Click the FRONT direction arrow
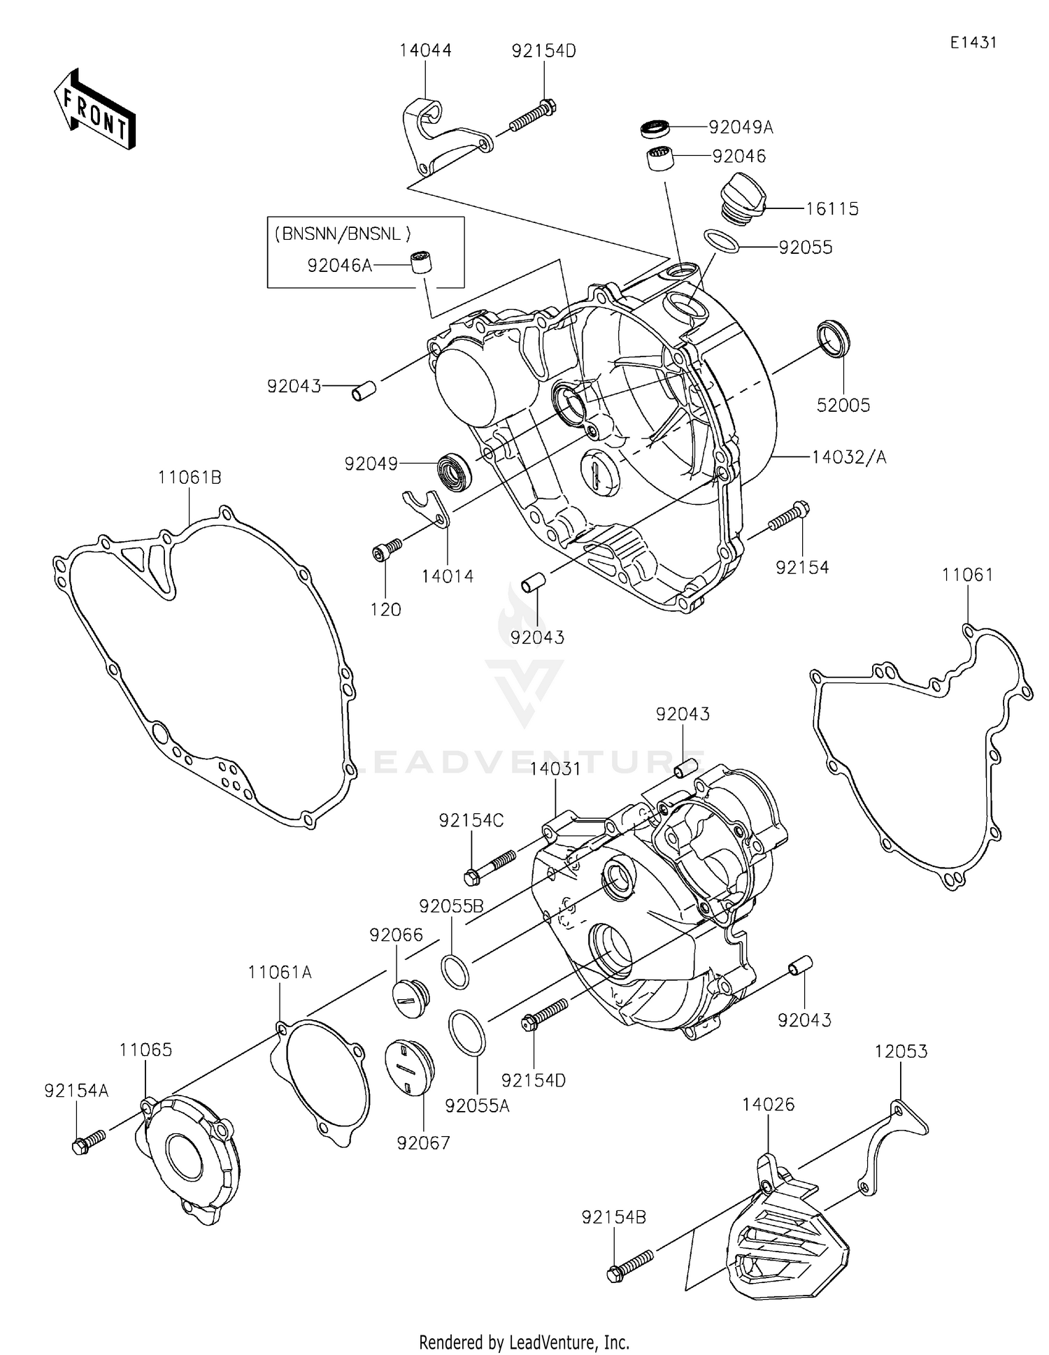tap(94, 109)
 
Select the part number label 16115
tap(832, 209)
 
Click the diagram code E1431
tap(973, 43)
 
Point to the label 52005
tap(843, 406)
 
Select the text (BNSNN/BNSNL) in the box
tap(341, 234)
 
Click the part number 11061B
tap(190, 478)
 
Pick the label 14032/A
tap(849, 457)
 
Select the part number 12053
tap(901, 1052)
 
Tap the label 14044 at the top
tap(425, 50)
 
